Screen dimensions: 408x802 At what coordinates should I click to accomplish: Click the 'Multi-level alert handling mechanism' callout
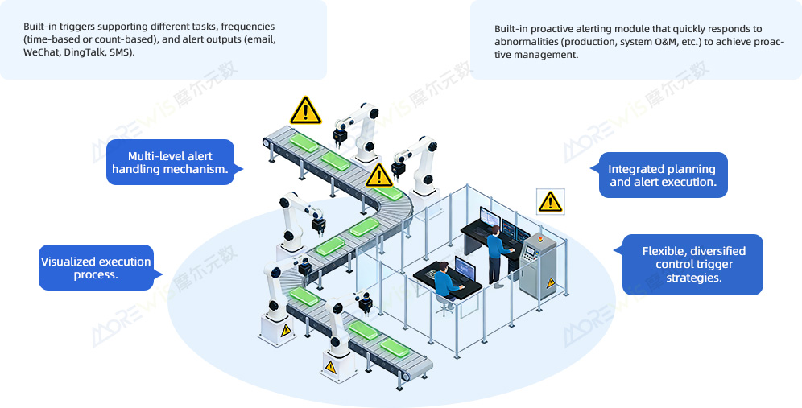[170, 163]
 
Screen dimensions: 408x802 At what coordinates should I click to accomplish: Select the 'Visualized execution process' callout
[96, 268]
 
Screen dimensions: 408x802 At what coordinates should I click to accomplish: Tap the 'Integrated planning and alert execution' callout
[662, 175]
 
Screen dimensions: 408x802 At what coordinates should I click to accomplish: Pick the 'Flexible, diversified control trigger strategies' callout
[693, 265]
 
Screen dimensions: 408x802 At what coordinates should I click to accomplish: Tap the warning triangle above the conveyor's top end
[305, 110]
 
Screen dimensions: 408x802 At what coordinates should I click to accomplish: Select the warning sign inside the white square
[550, 201]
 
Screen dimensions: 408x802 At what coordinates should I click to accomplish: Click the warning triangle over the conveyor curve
[378, 175]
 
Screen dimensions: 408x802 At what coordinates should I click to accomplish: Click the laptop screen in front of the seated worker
[466, 268]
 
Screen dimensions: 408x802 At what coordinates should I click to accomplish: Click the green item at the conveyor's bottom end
[397, 347]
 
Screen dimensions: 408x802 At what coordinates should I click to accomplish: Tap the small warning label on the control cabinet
[551, 283]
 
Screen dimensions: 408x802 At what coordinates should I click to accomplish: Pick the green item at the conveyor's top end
[303, 142]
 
